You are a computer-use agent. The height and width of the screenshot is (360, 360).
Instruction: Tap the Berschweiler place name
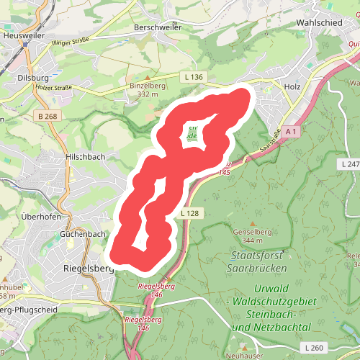coord(157,27)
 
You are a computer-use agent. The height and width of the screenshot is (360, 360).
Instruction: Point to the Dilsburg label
coord(32,77)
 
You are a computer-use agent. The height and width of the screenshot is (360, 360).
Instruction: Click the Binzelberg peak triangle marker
coord(147,76)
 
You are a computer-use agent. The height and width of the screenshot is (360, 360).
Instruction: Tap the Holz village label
coord(292,86)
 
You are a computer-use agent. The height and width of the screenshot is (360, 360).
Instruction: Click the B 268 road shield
coord(48,116)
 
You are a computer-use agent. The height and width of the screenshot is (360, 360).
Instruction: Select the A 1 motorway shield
coord(291,132)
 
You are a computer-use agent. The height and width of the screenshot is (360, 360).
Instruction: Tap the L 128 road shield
coord(189,213)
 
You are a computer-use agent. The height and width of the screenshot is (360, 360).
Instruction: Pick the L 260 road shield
coord(315,348)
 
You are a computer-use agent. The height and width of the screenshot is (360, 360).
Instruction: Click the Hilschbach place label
coord(86,156)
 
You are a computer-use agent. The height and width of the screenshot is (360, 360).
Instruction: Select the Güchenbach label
coord(84,234)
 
